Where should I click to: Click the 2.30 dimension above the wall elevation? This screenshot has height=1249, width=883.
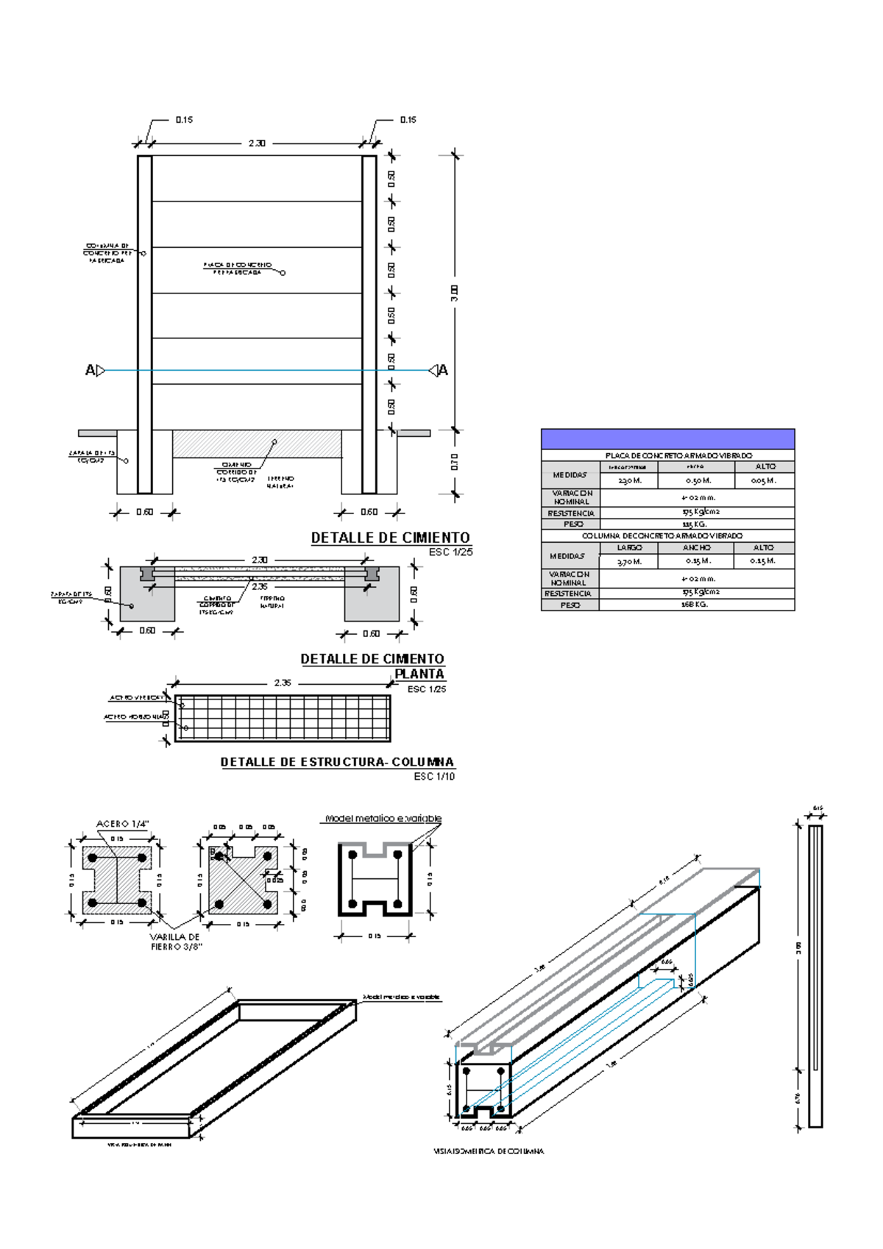pyautogui.click(x=256, y=143)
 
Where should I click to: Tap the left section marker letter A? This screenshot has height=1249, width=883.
pyautogui.click(x=90, y=371)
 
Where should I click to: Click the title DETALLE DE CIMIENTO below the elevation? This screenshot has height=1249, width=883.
pyautogui.click(x=390, y=538)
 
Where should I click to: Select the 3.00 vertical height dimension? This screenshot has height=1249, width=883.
pyautogui.click(x=455, y=293)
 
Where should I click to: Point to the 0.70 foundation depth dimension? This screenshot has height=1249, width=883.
pyautogui.click(x=455, y=462)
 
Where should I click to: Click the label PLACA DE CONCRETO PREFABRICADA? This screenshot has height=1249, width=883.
pyautogui.click(x=237, y=268)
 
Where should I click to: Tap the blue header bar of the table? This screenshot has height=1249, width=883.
pyautogui.click(x=667, y=439)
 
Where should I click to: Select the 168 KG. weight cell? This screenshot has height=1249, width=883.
pyautogui.click(x=695, y=605)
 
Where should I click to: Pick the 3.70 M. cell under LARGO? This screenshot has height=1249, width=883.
pyautogui.click(x=629, y=561)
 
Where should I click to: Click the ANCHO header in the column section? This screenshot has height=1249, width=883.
pyautogui.click(x=696, y=547)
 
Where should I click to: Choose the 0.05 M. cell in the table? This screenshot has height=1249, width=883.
pyautogui.click(x=764, y=480)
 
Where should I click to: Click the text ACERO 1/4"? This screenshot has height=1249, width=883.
pyautogui.click(x=123, y=824)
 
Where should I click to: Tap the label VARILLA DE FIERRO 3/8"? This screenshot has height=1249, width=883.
pyautogui.click(x=175, y=942)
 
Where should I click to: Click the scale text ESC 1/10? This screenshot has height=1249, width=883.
pyautogui.click(x=434, y=776)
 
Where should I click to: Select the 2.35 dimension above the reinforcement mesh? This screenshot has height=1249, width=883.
pyautogui.click(x=283, y=683)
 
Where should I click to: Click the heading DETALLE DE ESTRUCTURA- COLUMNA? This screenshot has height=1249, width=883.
pyautogui.click(x=337, y=762)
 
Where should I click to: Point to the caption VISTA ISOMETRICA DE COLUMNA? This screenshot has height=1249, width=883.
pyautogui.click(x=489, y=1151)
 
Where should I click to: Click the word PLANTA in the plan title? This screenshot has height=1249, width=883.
pyautogui.click(x=419, y=674)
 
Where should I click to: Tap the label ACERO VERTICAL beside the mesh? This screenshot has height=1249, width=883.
pyautogui.click(x=135, y=697)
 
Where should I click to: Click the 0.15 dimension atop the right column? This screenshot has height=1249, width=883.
pyautogui.click(x=408, y=119)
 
